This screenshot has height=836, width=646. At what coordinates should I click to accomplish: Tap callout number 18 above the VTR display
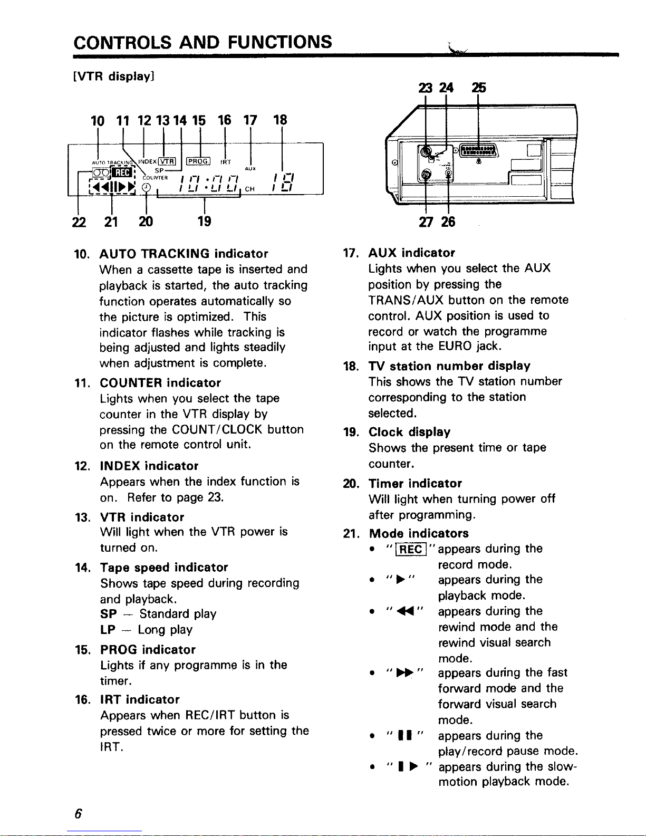click(x=280, y=120)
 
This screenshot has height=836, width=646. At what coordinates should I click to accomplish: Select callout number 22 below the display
click(x=79, y=222)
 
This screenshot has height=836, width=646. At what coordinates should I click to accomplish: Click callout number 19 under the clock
click(x=204, y=222)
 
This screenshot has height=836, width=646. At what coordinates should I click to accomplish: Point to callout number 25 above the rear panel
click(x=479, y=88)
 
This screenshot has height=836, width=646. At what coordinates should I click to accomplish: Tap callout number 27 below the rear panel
click(x=425, y=222)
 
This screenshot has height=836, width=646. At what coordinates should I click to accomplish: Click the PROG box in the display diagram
click(x=199, y=161)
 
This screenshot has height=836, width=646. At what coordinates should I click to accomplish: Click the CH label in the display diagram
click(x=250, y=189)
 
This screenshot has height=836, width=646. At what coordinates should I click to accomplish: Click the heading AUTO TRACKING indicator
click(x=184, y=254)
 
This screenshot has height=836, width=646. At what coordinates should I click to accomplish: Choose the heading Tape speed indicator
click(x=164, y=568)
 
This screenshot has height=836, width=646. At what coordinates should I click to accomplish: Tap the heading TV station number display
click(x=449, y=366)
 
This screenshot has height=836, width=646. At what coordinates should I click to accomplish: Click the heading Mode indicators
click(x=419, y=533)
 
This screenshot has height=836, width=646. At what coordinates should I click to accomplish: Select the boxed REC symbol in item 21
click(x=411, y=550)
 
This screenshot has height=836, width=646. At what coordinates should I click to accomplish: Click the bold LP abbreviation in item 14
click(x=108, y=630)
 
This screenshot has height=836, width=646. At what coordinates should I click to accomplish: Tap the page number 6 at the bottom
click(x=77, y=814)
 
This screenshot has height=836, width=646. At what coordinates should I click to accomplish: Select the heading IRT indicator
click(x=140, y=699)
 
